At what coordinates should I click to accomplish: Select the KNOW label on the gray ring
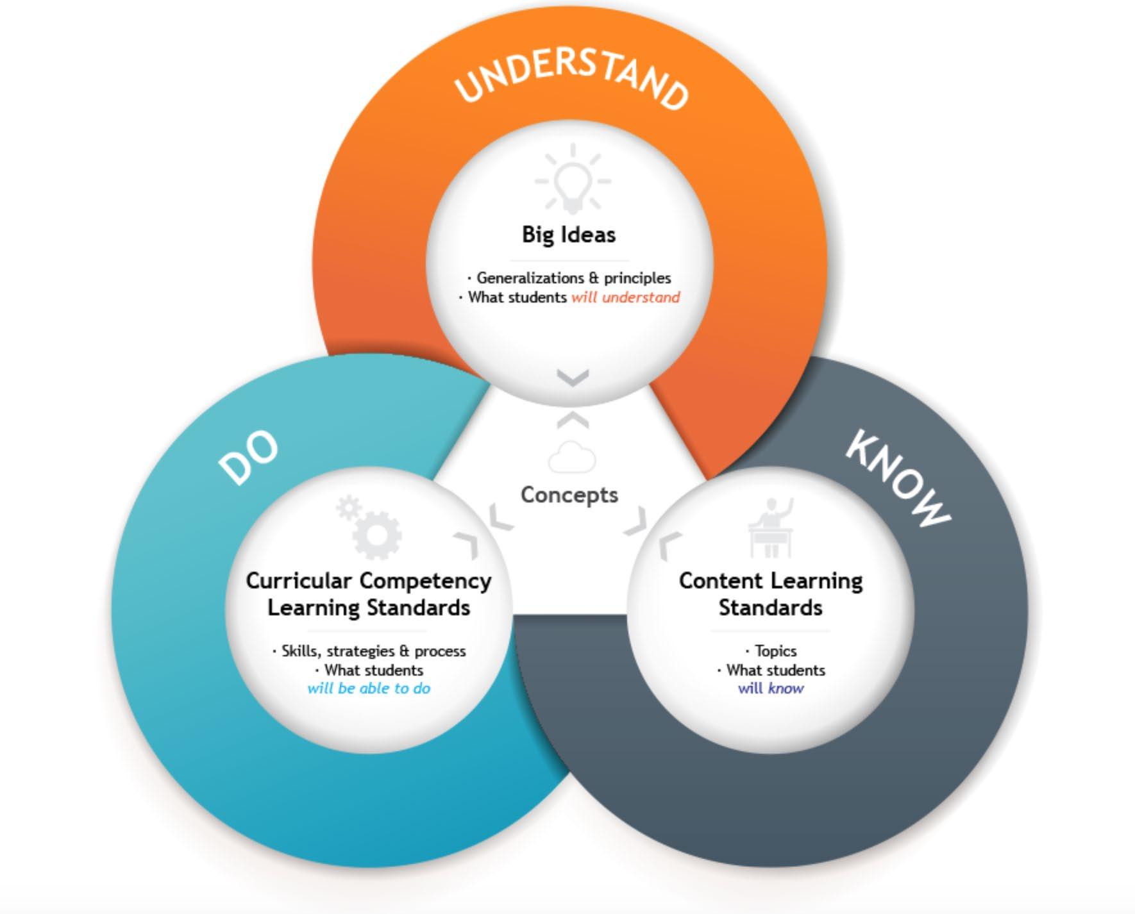coord(898,478)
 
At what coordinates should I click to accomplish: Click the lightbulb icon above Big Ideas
coord(573,179)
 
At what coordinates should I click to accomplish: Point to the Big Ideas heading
coord(569,235)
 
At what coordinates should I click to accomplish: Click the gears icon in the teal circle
coord(371,527)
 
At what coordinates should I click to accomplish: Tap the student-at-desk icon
coord(772,528)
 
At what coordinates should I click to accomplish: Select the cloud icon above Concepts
coord(572,458)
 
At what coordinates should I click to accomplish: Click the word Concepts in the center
coord(569,495)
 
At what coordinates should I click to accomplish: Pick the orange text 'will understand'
coord(625,297)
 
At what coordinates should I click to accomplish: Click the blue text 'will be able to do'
coord(369,688)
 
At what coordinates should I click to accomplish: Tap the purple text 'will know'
coord(770,688)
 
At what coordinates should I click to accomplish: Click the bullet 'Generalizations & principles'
coord(573,278)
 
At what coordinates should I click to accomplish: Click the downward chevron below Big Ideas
coord(573,378)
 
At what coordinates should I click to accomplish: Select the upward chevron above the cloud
coord(573,420)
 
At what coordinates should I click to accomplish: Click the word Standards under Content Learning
coord(770,608)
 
